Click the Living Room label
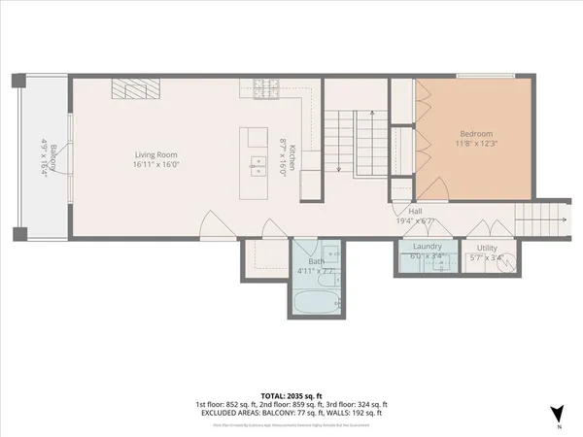[154, 153]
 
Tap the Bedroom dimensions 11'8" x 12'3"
[476, 144]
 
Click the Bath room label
[317, 261]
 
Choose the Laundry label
[428, 247]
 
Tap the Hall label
[415, 210]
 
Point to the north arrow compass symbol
[556, 414]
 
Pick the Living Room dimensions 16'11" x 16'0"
[154, 164]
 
